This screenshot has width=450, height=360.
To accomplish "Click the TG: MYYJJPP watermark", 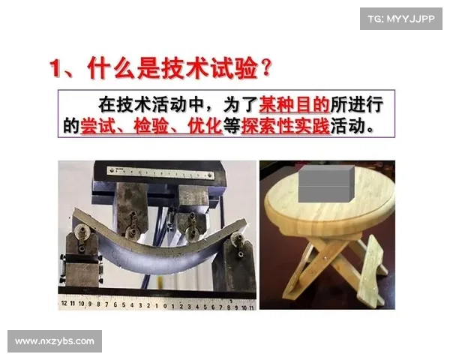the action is click(x=401, y=19).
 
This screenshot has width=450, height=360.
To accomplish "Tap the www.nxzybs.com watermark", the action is click(x=55, y=341).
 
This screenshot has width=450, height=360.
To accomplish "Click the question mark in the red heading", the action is click(x=266, y=67).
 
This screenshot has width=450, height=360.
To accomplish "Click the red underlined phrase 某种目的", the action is click(x=295, y=105).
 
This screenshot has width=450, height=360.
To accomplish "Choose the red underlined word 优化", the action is click(x=205, y=126).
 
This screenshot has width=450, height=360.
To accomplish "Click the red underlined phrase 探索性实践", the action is click(x=286, y=126).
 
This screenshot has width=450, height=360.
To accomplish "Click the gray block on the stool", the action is click(x=326, y=184).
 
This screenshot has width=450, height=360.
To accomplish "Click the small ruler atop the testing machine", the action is click(x=160, y=173).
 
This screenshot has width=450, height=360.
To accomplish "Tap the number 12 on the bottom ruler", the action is click(x=64, y=304).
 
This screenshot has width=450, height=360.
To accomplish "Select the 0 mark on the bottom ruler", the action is click(x=165, y=306).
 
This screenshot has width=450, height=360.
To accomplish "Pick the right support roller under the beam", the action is click(x=237, y=238).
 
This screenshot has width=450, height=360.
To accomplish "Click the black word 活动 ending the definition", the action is click(x=347, y=126).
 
